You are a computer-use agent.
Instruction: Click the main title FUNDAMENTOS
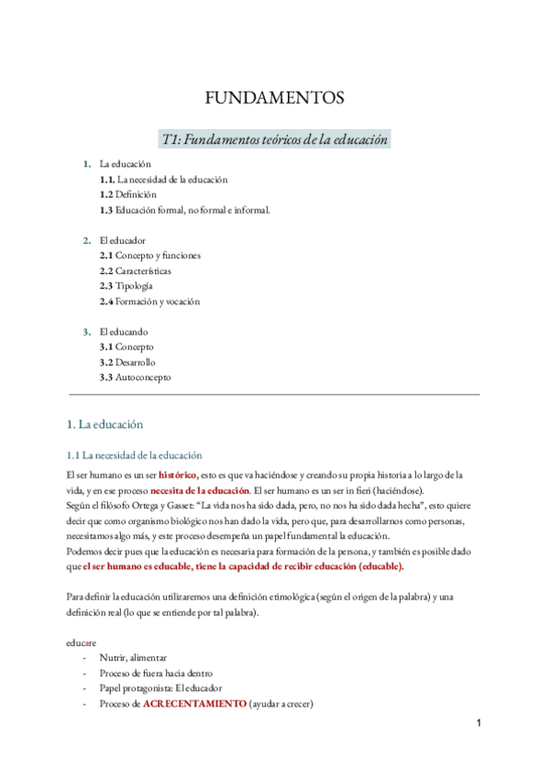274,97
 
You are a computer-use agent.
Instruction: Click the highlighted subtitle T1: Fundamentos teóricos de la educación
274,138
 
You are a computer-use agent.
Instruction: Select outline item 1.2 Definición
128,195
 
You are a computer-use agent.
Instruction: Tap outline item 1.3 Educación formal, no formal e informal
184,210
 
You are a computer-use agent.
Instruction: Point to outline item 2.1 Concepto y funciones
150,256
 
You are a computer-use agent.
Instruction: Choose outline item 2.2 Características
136,271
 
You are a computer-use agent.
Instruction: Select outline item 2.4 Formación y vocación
149,301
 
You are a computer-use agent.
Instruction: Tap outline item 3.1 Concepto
126,347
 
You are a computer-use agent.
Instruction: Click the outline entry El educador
123,240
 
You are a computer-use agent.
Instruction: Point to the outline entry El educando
124,332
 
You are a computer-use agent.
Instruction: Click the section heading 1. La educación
105,425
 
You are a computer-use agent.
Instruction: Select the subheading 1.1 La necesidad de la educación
135,454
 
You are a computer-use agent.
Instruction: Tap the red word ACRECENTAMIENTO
194,704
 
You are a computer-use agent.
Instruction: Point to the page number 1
478,724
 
